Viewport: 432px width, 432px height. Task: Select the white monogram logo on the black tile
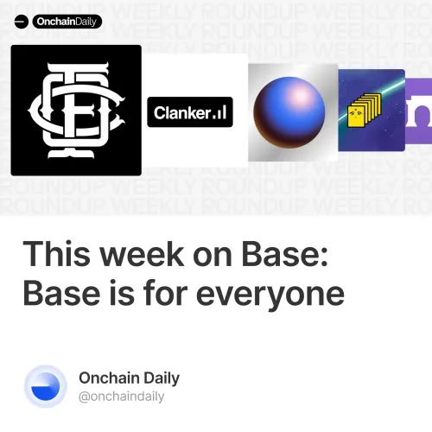coord(75,111)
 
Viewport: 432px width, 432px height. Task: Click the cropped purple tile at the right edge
coord(421,110)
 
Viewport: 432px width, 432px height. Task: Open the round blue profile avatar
coord(45,386)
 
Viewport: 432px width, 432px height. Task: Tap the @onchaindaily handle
coord(121,397)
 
